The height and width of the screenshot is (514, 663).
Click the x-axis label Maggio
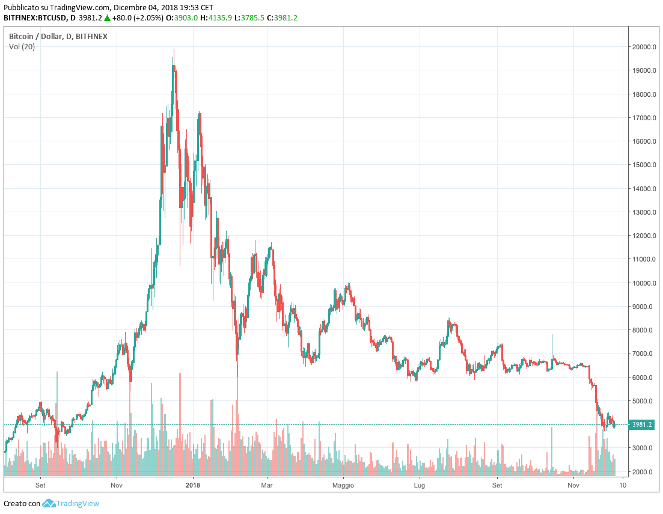[343, 485]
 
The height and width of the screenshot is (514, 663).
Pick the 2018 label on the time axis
[193, 485]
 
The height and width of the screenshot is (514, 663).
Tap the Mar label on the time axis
[267, 485]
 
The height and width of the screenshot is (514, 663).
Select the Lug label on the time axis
[420, 485]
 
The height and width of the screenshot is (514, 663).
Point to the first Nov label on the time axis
[117, 485]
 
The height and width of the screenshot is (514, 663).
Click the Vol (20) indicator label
[22, 47]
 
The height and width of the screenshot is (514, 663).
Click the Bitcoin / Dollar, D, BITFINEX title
[58, 37]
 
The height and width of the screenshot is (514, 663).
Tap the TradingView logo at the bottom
[71, 503]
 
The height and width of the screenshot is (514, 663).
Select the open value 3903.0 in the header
[186, 18]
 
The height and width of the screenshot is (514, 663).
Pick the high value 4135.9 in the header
[219, 18]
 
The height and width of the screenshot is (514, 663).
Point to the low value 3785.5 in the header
[252, 18]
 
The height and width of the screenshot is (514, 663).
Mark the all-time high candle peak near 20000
[174, 50]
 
